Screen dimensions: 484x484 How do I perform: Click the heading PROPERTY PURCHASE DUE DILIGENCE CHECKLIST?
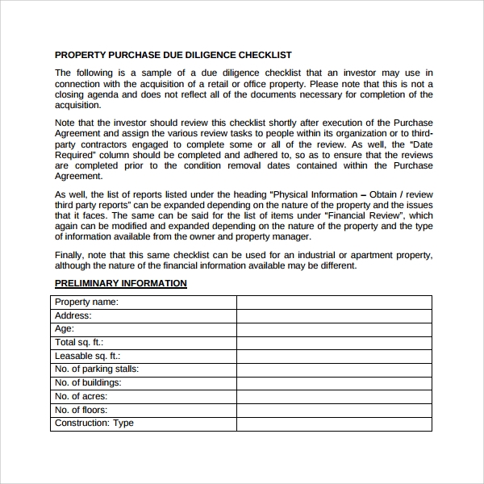point(173,56)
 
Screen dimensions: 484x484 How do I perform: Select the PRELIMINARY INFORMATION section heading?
point(120,283)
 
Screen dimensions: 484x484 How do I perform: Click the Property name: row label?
point(86,302)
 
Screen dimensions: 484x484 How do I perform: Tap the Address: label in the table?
point(73,315)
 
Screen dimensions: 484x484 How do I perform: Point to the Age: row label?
point(65,329)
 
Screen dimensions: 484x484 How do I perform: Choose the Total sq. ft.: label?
point(79,342)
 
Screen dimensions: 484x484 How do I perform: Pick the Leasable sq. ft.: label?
point(87,356)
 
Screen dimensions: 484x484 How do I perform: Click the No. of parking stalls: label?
point(97,369)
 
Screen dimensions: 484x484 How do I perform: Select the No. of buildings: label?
point(88,382)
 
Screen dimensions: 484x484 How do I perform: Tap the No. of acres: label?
point(81,396)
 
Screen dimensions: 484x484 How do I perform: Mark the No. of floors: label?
point(81,410)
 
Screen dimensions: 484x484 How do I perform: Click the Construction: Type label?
point(94,423)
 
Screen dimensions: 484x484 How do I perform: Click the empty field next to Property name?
point(334,302)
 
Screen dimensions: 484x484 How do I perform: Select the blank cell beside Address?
point(334,315)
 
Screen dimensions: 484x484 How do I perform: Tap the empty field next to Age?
point(334,329)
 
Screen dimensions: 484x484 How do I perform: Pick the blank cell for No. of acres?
point(334,396)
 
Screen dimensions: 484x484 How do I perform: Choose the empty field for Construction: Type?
point(334,423)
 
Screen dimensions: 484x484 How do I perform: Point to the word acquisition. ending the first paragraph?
point(78,105)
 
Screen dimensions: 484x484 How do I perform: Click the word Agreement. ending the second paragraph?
point(78,176)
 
